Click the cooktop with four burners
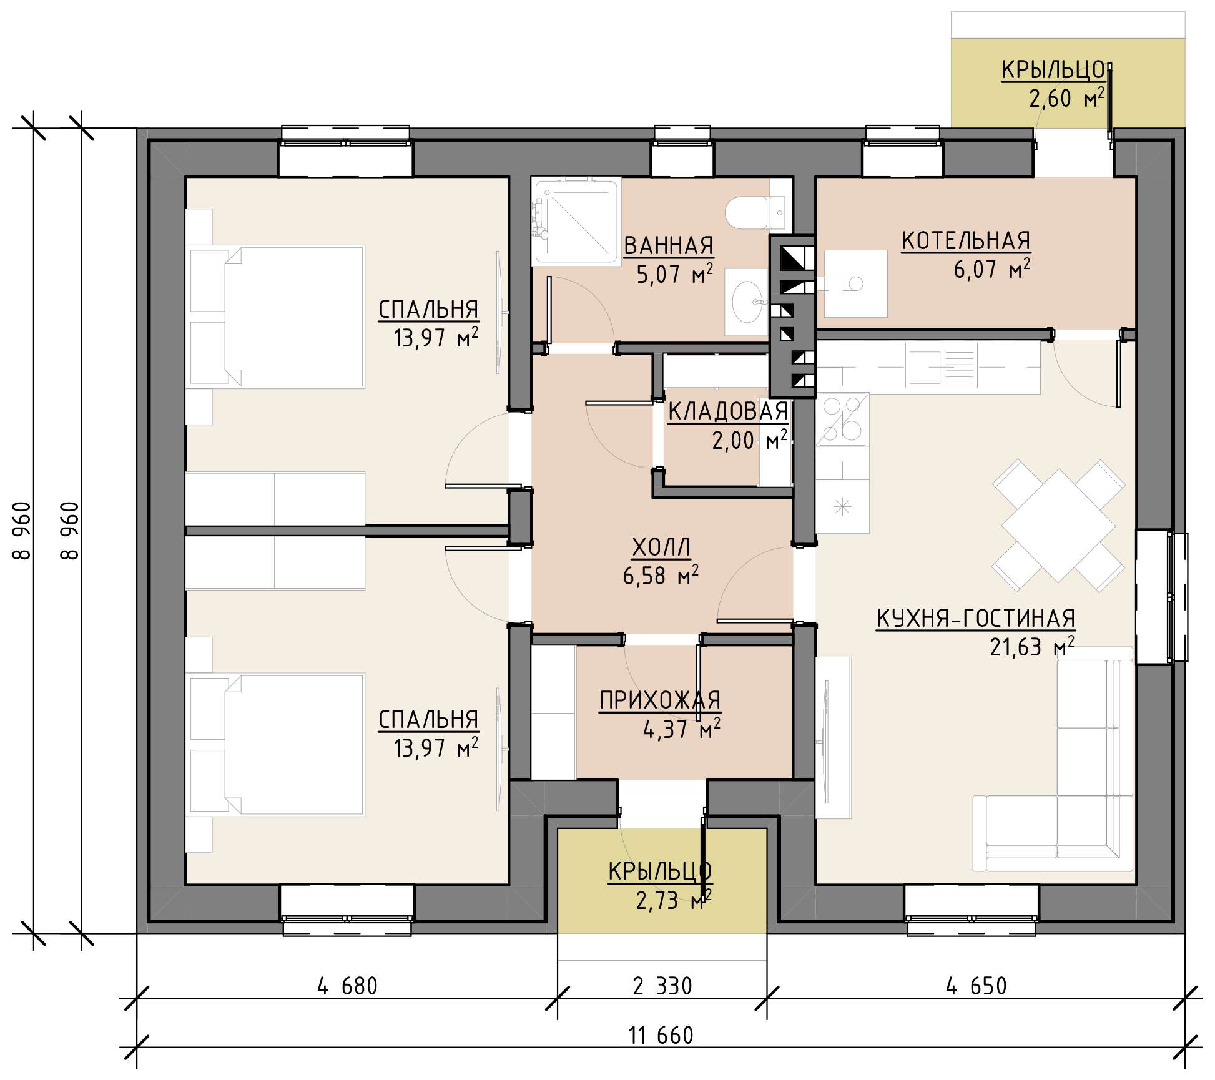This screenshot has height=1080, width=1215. (843, 419)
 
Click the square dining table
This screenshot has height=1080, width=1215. (1058, 525)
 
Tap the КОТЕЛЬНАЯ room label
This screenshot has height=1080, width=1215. (966, 241)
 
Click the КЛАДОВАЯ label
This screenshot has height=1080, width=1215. (727, 412)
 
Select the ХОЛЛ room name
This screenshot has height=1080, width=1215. (661, 547)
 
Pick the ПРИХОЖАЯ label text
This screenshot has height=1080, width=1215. (660, 700)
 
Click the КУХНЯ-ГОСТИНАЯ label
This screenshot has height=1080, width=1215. (976, 619)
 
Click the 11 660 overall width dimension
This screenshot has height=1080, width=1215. (661, 1036)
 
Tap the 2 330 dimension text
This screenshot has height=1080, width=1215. (662, 986)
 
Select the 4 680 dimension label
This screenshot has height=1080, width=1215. (347, 986)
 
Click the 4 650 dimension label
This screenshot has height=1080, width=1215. (976, 986)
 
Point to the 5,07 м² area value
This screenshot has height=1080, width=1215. (674, 275)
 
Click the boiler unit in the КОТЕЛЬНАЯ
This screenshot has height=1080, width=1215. (855, 284)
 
